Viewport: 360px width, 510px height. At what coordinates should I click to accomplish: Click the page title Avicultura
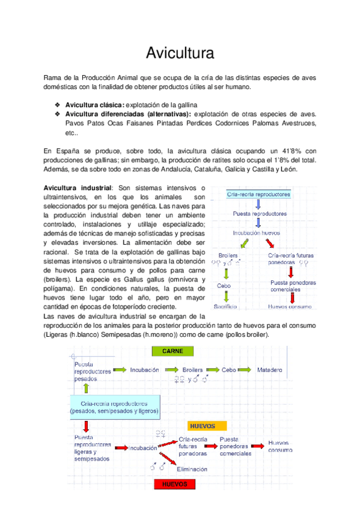coord(180,54)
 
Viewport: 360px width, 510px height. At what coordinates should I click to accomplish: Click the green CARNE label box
coord(172,351)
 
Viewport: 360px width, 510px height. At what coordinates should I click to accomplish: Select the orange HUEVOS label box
coord(202,425)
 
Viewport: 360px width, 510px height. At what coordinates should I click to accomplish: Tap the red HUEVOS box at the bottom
coord(172,484)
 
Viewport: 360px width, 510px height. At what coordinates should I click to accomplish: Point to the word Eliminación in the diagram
coord(192,469)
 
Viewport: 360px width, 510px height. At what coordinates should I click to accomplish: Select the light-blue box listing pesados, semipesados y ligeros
coord(114,408)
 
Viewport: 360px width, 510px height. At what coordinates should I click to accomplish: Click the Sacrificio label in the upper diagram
coord(225,306)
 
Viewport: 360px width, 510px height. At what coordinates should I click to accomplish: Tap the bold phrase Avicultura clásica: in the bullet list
coord(95,104)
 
